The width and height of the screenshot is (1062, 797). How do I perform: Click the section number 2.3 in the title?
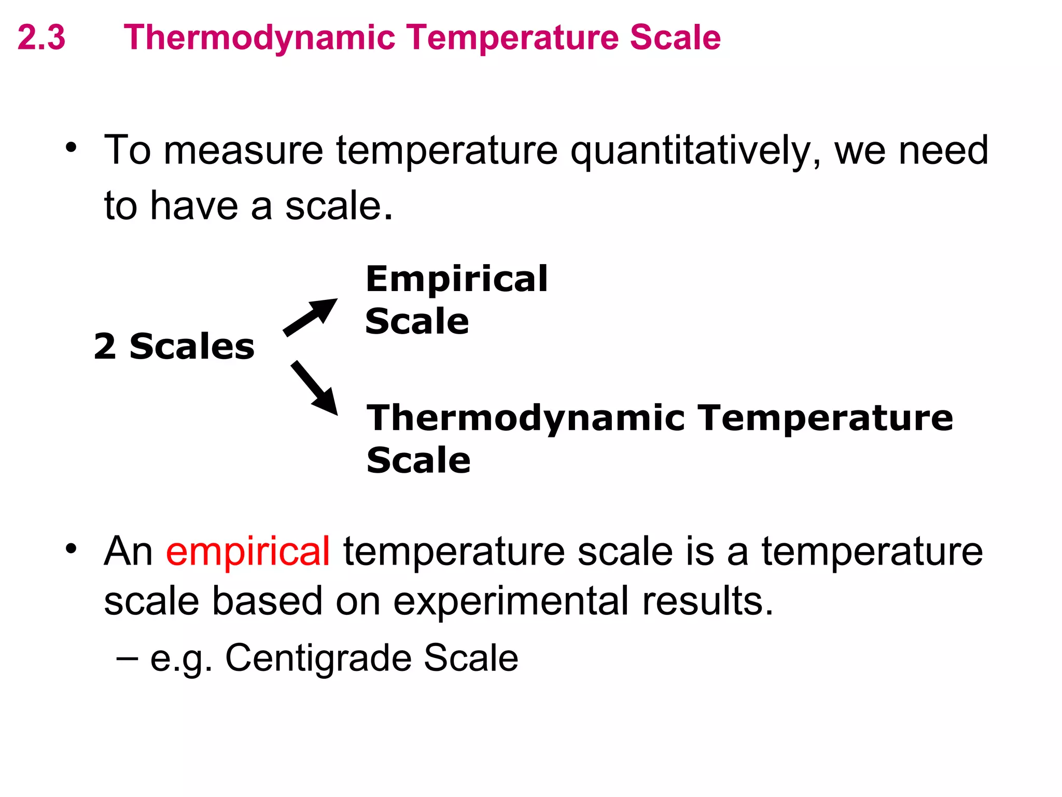click(41, 37)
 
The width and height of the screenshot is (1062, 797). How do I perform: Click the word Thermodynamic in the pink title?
click(259, 38)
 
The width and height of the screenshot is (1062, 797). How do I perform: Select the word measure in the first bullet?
click(244, 151)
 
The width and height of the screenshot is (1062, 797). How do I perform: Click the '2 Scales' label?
click(174, 346)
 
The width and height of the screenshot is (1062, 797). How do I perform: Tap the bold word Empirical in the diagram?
click(456, 279)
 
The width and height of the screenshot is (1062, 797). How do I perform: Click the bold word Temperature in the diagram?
click(825, 418)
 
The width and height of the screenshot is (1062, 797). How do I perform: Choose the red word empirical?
click(248, 551)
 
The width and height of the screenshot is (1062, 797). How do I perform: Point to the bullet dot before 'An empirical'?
click(71, 548)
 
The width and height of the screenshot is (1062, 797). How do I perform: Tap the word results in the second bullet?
click(707, 601)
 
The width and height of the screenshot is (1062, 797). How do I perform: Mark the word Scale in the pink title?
click(675, 37)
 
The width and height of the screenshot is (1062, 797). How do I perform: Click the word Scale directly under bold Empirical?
click(417, 321)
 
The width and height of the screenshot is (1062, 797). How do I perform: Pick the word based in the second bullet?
click(267, 601)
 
